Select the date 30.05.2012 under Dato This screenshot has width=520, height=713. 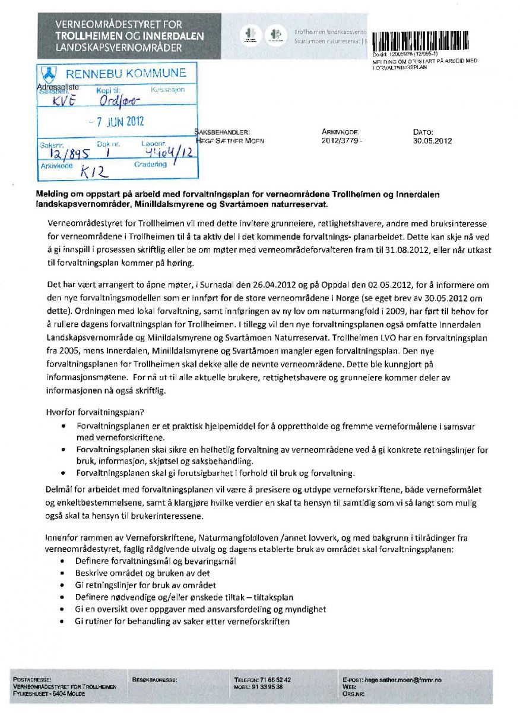(x=432, y=141)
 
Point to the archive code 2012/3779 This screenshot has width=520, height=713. (x=341, y=141)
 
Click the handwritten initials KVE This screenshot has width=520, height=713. (x=65, y=101)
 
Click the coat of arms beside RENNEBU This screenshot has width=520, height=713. (x=49, y=74)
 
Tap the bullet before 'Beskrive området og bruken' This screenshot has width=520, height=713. (x=64, y=573)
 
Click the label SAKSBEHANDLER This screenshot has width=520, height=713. (x=223, y=132)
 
